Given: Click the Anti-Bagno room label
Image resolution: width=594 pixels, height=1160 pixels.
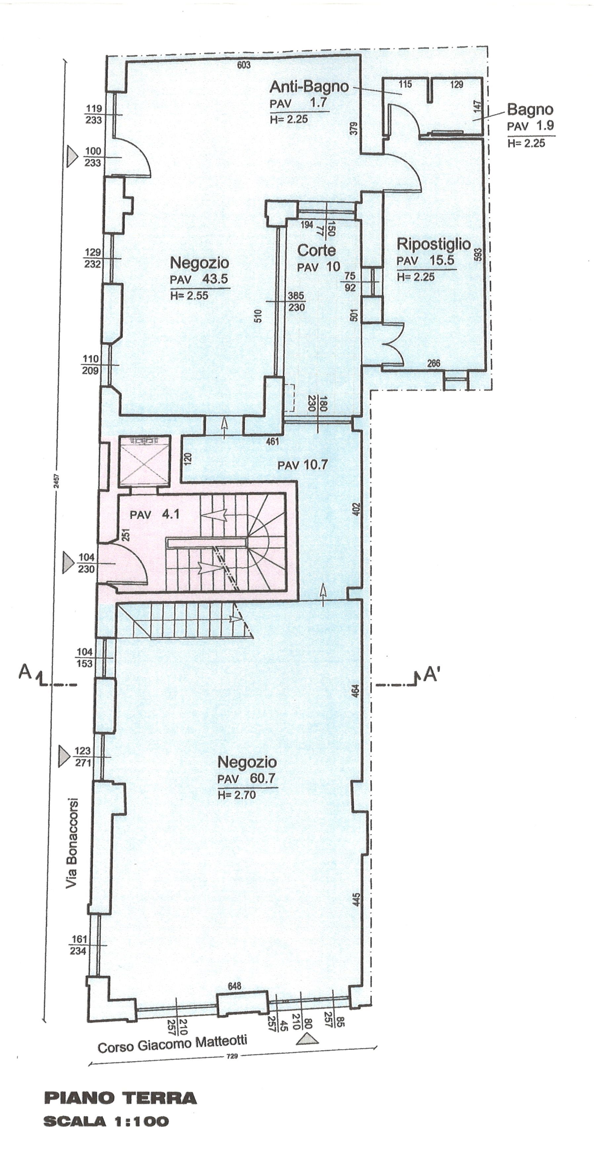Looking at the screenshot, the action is (309, 86).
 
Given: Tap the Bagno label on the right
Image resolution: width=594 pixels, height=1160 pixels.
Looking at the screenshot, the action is (530, 109).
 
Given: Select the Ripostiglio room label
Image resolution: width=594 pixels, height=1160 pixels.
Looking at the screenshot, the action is (433, 244).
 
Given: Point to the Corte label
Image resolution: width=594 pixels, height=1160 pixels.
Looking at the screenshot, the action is (316, 250).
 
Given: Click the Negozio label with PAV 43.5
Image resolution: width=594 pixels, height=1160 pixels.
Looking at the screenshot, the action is (199, 263).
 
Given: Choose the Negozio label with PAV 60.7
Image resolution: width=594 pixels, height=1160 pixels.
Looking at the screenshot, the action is (247, 762).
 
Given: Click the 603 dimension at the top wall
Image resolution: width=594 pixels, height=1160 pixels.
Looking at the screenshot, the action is (243, 65).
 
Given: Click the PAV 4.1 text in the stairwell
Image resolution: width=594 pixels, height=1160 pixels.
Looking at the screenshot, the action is (154, 514).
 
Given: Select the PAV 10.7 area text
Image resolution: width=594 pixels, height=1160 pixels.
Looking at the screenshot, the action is (302, 465).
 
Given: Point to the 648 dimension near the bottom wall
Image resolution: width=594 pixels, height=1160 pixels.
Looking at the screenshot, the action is (234, 986).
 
